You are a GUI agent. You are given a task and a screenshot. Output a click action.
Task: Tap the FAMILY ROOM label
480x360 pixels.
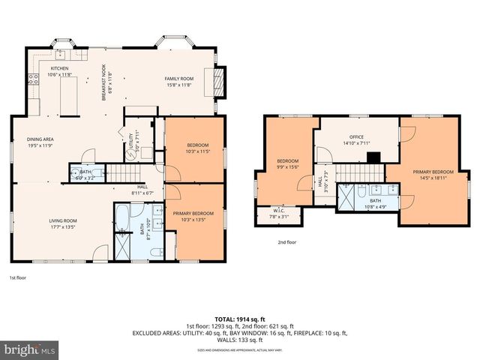pos(179,78)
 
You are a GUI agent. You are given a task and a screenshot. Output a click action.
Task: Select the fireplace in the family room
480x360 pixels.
pos(219,81)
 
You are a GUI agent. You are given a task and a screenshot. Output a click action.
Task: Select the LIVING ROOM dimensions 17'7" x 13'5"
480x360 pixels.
pos(64,226)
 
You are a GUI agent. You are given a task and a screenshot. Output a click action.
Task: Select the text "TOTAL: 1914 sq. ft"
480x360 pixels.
pos(239,318)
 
